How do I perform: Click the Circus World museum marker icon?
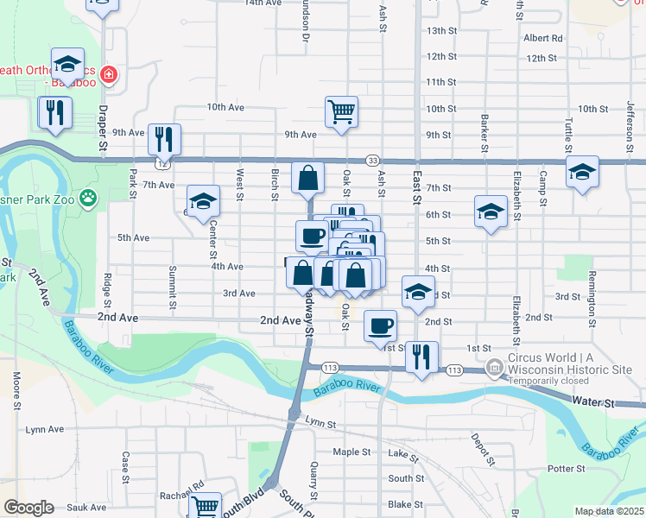[494, 367]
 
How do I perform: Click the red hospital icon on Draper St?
[109, 74]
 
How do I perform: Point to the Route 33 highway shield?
[372, 161]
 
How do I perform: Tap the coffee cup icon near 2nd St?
[380, 326]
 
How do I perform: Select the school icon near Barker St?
[490, 211]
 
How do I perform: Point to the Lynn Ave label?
[45, 429]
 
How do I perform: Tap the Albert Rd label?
[542, 38]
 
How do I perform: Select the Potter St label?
[567, 469]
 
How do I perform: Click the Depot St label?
[473, 443]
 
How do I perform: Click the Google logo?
[28, 508]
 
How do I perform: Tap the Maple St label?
[351, 452]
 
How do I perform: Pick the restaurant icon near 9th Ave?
[163, 138]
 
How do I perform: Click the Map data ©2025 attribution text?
[609, 511]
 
